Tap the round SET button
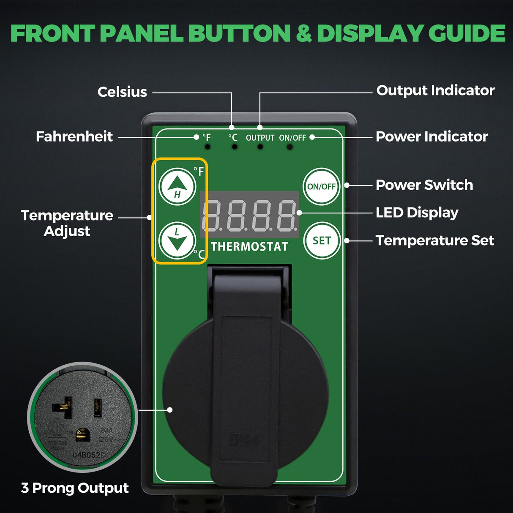click(322, 240)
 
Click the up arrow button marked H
click(177, 186)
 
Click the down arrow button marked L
click(177, 240)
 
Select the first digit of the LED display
click(213, 215)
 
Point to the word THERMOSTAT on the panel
click(249, 247)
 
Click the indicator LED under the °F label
click(207, 147)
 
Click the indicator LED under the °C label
click(235, 147)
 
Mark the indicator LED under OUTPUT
click(260, 147)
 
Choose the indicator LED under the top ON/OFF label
click(289, 147)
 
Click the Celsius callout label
click(122, 92)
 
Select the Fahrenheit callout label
click(74, 136)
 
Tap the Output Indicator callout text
click(435, 90)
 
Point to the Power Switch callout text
click(424, 185)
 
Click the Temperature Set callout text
click(435, 240)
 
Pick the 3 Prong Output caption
click(75, 488)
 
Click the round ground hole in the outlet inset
click(82, 434)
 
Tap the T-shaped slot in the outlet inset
click(63, 407)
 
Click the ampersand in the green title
click(303, 34)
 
